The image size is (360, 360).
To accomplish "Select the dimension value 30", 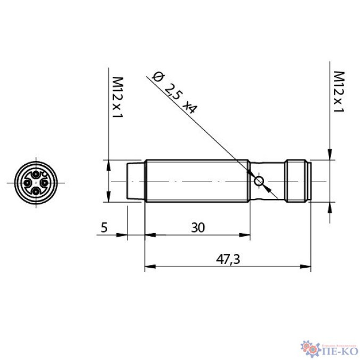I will pyautogui.click(x=198, y=228).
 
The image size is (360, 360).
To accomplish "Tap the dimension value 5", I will pyautogui.click(x=104, y=228).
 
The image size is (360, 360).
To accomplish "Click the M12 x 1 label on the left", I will pyautogui.click(x=115, y=97).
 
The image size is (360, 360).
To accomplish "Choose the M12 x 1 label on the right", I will pyautogui.click(x=338, y=91).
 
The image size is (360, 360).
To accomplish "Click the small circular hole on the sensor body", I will pyautogui.click(x=259, y=181).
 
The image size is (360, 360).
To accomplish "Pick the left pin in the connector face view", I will pyautogui.click(x=27, y=182).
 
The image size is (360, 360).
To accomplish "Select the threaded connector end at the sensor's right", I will pyautogui.click(x=298, y=181).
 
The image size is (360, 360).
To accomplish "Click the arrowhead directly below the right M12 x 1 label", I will pyautogui.click(x=331, y=155).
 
